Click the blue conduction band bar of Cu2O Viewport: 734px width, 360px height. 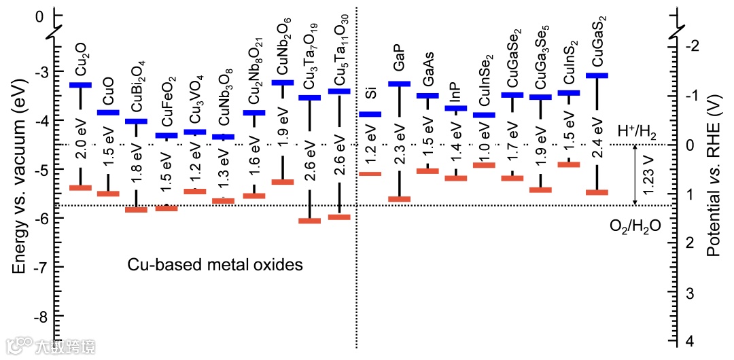80,85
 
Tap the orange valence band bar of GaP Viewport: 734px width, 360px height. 399,199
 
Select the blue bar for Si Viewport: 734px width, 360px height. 370,114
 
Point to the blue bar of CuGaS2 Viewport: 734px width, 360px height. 597,75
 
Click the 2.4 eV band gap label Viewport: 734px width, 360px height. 597,139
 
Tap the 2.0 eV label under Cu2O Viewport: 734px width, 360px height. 81,147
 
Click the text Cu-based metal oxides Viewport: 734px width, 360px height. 215,265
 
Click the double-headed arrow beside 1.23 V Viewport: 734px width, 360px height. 635,175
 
